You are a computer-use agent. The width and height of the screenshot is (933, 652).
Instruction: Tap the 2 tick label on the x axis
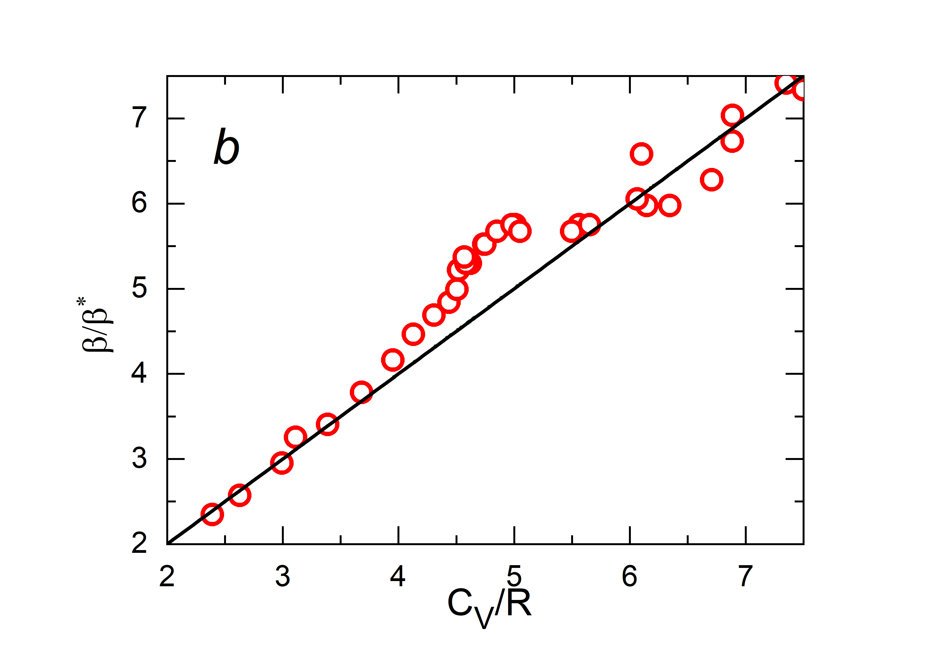[167, 576]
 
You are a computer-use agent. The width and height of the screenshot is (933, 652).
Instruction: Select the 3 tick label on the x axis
[283, 576]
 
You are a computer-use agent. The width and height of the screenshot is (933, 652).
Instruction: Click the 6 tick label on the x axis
[630, 576]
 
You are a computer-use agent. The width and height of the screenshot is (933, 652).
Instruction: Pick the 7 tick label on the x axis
[746, 576]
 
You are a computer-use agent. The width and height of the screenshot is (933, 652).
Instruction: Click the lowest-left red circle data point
[212, 514]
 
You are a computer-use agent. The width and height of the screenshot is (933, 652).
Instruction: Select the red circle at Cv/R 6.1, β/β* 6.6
[641, 154]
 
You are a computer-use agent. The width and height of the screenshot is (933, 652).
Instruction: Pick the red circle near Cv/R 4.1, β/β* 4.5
[413, 334]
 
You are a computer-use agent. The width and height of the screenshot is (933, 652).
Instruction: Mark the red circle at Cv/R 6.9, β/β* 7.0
[732, 115]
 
